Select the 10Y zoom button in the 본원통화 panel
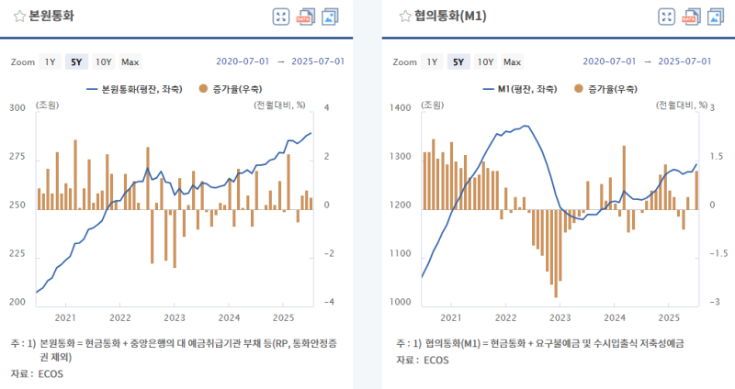click(103, 62)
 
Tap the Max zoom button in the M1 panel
click(512, 62)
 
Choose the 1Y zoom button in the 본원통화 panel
click(50, 62)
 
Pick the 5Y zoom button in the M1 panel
click(458, 62)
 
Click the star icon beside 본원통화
click(18, 17)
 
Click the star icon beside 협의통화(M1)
click(405, 17)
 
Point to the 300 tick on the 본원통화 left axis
click(17, 108)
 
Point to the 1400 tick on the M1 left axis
click(403, 108)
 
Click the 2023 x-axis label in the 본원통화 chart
click(174, 317)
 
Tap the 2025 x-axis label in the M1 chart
click(670, 317)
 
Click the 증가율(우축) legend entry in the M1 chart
click(605, 89)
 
